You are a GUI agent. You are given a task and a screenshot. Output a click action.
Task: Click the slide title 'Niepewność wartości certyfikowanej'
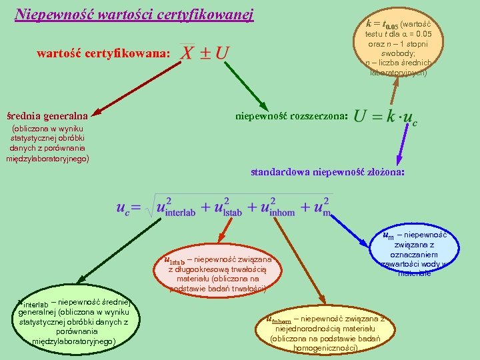(134, 14)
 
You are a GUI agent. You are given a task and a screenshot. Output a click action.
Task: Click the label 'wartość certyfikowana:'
(103, 53)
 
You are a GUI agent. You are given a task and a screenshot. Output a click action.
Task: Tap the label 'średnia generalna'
(47, 115)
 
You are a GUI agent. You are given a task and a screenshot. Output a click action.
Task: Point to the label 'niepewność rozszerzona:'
(291, 115)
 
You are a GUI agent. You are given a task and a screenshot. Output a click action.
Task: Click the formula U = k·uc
(386, 117)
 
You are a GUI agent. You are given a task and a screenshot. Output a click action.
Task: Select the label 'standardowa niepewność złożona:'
(327, 172)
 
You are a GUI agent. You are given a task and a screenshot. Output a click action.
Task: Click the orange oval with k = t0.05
(398, 47)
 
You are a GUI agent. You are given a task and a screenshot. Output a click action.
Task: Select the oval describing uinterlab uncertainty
(73, 320)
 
